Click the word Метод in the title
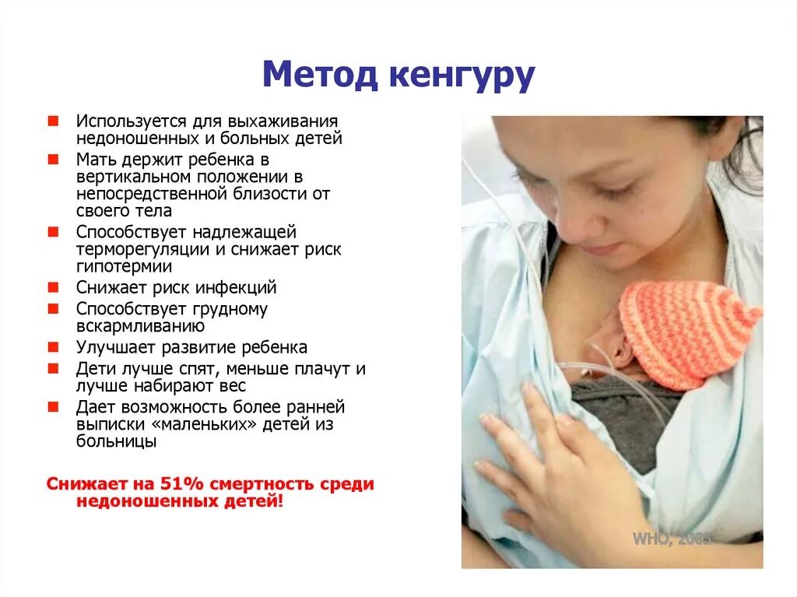(x=318, y=76)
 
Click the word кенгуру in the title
(x=460, y=76)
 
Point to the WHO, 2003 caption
(x=672, y=538)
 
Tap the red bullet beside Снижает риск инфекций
(x=52, y=287)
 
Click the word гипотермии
(x=124, y=266)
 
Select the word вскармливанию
(x=140, y=325)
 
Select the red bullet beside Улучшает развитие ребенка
(x=52, y=347)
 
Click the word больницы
(x=116, y=441)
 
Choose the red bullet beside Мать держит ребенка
(x=52, y=160)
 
